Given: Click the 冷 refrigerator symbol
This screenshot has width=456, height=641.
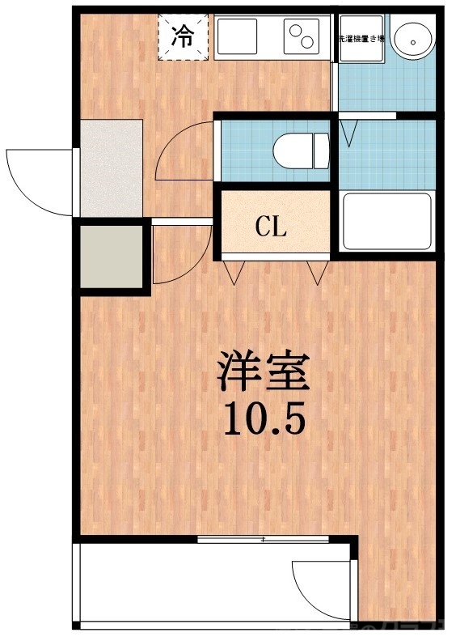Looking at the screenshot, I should pos(184,36).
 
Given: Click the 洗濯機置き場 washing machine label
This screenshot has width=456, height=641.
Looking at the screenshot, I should pos(360,37).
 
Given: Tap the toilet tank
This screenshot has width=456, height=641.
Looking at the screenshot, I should pos(322,150).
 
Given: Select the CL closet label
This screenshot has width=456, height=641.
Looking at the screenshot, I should pos(272,227).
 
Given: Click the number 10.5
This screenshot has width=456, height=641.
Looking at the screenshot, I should pos(263,420).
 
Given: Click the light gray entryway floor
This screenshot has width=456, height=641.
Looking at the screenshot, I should pos(112,168).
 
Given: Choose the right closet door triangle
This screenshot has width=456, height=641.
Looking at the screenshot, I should pos(318,273).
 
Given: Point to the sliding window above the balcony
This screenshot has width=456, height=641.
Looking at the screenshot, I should pos(263,538).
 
